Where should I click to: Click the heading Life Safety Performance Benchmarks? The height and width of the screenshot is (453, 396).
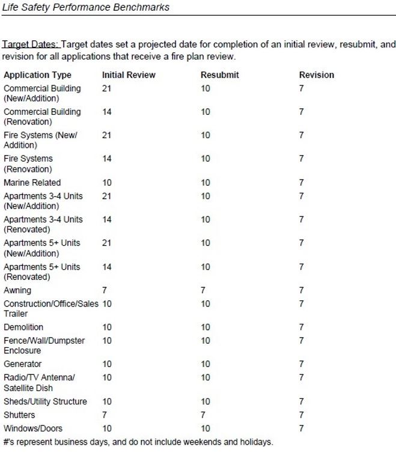point(86,8)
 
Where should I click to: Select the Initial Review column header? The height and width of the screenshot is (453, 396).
point(129,75)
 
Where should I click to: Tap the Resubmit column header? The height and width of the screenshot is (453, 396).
point(219,75)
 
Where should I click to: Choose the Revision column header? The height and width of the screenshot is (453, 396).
point(317,75)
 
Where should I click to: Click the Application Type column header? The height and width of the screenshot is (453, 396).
point(37,75)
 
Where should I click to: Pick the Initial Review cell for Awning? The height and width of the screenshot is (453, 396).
point(105,290)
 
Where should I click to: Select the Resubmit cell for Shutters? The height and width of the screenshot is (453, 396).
point(203,415)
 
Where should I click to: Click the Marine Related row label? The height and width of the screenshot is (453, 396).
point(32,183)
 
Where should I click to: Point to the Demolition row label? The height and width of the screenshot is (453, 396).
point(23,327)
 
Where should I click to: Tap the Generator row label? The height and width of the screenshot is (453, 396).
point(22,364)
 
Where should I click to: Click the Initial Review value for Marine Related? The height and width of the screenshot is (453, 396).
point(107,183)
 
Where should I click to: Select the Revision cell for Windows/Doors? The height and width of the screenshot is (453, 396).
point(302,428)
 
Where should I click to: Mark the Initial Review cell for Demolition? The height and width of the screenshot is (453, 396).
point(107,327)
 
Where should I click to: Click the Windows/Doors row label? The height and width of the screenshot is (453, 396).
point(33,428)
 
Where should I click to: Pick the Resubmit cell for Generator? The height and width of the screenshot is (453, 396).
point(206,364)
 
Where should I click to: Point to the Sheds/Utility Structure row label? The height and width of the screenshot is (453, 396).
point(45,401)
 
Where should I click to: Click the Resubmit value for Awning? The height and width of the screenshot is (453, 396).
point(203,290)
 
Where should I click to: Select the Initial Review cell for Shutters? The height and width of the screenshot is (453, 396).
point(105,415)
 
